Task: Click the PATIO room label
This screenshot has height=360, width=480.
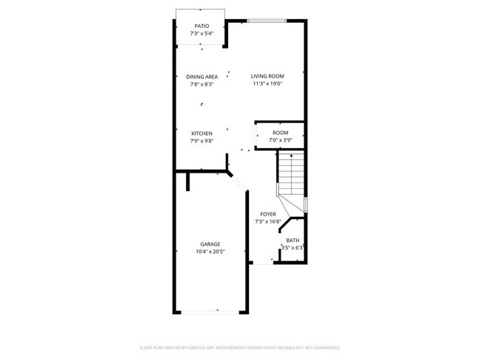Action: [202, 26]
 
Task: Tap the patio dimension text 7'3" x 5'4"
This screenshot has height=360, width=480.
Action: [202, 33]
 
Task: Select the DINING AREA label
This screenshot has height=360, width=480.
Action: [202, 77]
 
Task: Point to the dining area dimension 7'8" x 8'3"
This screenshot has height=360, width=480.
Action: [202, 84]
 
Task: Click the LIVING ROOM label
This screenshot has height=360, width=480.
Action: [267, 76]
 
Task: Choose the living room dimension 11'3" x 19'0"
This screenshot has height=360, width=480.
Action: [267, 83]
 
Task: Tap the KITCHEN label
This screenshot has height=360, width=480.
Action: [202, 134]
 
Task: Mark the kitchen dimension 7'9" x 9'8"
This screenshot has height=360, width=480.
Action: [202, 141]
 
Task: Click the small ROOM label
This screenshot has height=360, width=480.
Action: [280, 133]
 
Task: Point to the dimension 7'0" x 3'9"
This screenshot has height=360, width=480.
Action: [280, 140]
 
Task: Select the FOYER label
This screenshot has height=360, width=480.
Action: [267, 214]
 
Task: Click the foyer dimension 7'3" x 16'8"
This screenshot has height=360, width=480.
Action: [267, 221]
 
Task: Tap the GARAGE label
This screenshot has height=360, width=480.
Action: [210, 244]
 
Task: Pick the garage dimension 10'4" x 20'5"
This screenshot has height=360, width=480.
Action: [210, 252]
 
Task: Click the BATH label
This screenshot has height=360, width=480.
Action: [293, 240]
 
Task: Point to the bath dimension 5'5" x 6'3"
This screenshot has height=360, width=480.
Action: [293, 248]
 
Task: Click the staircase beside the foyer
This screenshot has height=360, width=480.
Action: [291, 177]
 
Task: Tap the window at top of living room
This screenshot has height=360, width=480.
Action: [266, 21]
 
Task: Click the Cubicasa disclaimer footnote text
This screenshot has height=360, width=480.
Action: [240, 347]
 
